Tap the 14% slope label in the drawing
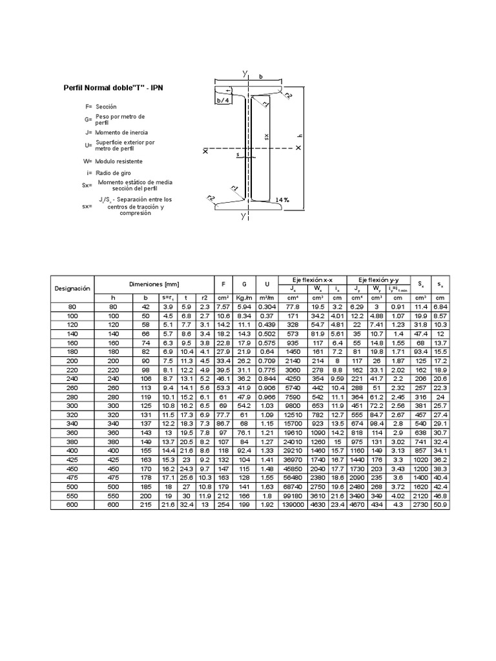click(x=282, y=200)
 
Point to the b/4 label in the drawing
click(x=223, y=100)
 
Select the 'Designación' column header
click(x=72, y=288)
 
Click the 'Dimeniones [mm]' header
click(x=154, y=283)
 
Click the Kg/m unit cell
click(x=244, y=298)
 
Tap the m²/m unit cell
click(x=266, y=298)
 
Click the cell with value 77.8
click(x=292, y=307)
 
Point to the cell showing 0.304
click(x=266, y=307)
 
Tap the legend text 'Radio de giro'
click(x=116, y=173)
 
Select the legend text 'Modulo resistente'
click(x=127, y=161)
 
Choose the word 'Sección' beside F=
click(x=106, y=105)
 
